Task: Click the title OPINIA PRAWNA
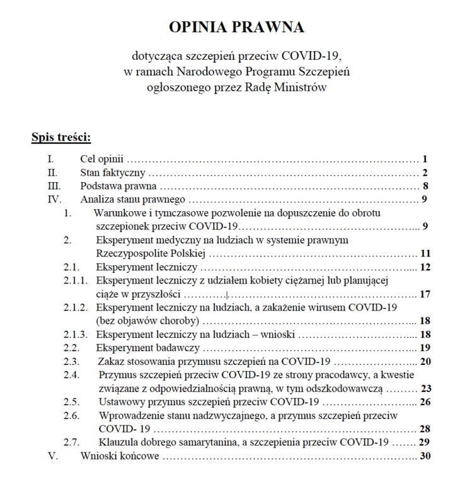pos(236,27)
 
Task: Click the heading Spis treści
pos(61,137)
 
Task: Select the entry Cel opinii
pos(102,159)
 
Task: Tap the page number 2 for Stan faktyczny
pos(425,173)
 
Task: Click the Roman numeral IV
pos(55,200)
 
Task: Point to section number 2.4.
pos(71,375)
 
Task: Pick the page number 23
pos(425,389)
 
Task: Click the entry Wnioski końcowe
pos(120,456)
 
